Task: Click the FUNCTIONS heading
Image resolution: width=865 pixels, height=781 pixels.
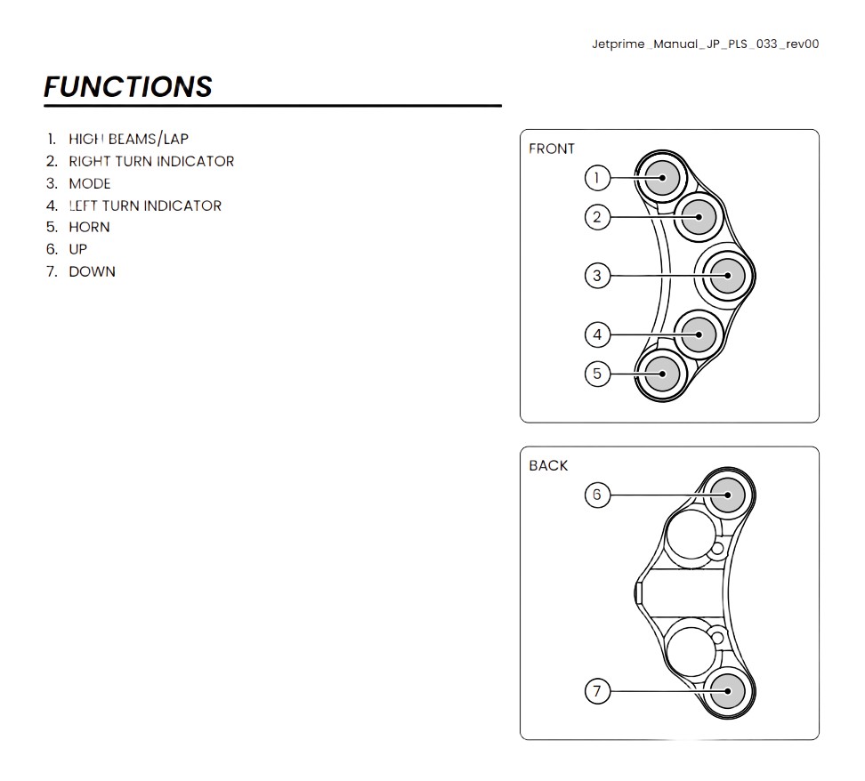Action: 128,86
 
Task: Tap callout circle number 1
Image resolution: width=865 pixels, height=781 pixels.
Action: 597,178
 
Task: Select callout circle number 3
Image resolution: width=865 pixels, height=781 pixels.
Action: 597,275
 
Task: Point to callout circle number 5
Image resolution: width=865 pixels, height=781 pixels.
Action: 597,374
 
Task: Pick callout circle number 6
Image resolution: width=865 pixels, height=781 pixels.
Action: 597,495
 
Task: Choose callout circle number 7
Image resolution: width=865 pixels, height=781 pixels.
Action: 597,691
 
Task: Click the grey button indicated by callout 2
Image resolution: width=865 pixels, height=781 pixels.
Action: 699,217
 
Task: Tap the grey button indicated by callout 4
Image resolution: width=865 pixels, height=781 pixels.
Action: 699,334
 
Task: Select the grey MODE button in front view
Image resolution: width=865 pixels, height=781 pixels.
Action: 728,275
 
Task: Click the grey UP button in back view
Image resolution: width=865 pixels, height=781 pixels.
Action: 728,495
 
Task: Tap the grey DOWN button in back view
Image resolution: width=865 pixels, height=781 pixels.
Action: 728,691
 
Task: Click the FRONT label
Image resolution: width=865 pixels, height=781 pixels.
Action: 552,149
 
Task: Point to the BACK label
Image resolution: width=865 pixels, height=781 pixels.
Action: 548,465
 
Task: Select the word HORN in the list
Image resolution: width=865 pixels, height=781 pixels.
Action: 89,227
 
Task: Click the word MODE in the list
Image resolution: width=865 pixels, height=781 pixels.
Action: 90,183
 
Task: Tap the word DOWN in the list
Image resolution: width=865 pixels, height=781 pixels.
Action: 93,271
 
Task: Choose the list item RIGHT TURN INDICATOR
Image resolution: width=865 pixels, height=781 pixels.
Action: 151,161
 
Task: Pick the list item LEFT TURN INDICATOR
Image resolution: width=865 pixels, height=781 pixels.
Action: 145,205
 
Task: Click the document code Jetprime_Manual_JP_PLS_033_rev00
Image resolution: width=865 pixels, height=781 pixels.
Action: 706,44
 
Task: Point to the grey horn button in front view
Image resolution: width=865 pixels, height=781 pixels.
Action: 662,374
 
